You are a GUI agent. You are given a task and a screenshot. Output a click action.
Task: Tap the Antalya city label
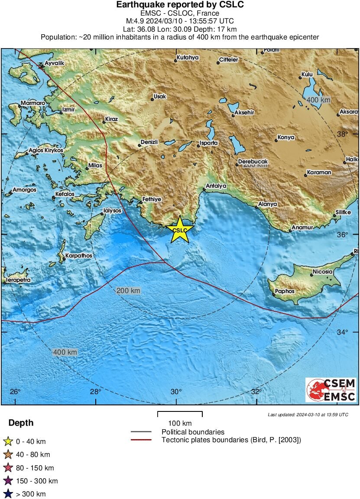tap(216, 186)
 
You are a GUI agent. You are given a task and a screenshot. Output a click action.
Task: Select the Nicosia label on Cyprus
tap(322, 272)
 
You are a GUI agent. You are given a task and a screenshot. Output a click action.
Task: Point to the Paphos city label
tap(285, 291)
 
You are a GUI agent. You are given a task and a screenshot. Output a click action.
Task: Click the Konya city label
tap(286, 137)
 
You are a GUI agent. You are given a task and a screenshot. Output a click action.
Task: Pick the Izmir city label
tap(68, 110)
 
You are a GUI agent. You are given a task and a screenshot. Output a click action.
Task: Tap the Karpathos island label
tap(79, 256)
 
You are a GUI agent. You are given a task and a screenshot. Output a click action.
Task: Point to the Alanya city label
tap(267, 204)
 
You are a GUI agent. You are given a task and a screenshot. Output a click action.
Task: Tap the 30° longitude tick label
tap(176, 392)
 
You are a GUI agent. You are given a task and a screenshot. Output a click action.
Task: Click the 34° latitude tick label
tap(343, 332)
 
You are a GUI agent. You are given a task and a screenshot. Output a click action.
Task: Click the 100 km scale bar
tap(180, 414)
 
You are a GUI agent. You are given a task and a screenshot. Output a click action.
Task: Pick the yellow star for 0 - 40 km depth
tap(8, 442)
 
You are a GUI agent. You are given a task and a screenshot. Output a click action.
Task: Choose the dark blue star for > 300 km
tap(8, 494)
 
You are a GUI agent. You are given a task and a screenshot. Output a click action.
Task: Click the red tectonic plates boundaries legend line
tap(141, 440)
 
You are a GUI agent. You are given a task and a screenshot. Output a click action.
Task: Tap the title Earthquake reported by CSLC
tap(180, 5)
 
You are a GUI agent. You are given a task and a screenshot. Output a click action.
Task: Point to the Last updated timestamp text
tap(308, 415)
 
